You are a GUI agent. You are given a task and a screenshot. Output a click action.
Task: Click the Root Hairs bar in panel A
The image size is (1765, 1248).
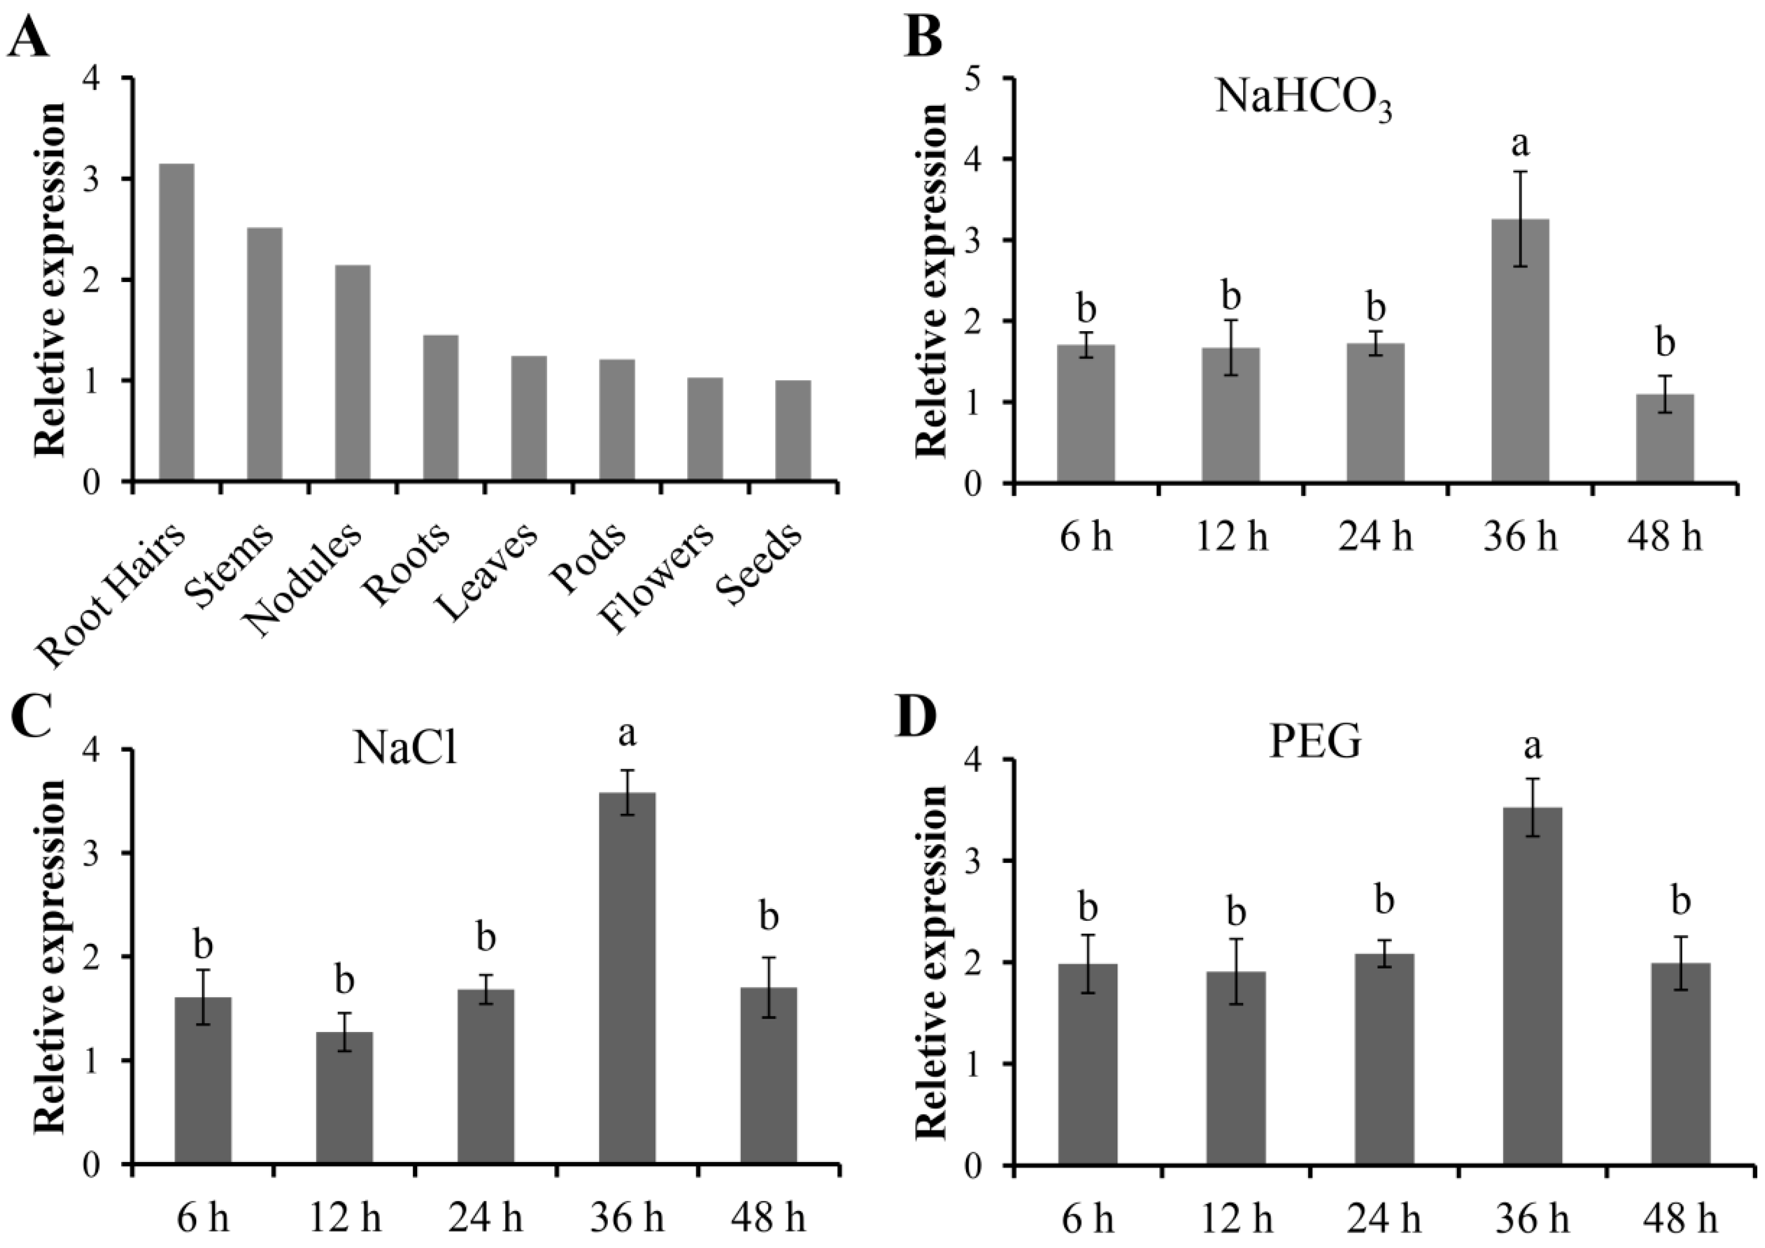point(176,323)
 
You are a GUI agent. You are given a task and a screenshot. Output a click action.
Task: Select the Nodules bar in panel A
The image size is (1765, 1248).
point(353,374)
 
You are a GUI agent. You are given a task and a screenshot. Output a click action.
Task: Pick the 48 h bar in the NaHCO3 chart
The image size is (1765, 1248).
point(1664,438)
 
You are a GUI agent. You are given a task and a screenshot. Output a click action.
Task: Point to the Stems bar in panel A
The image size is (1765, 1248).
point(265,354)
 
